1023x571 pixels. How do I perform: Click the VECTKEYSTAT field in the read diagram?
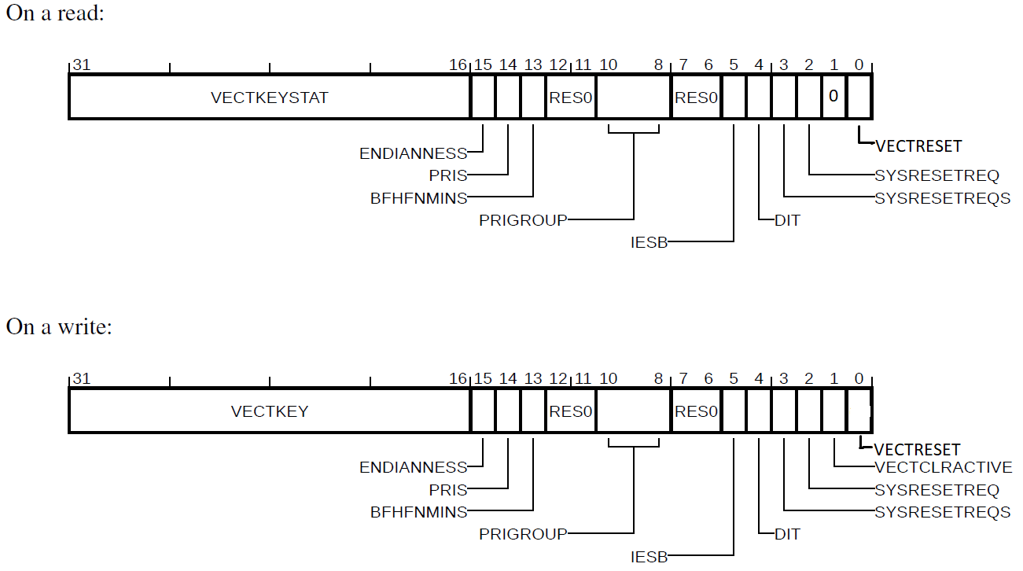(269, 98)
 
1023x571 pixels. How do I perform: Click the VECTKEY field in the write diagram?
(269, 411)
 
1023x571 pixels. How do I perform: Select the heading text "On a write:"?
(59, 326)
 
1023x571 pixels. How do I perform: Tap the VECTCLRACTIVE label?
(944, 467)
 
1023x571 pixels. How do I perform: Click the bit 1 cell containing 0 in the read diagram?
(834, 97)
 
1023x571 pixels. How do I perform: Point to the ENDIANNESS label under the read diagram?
(413, 154)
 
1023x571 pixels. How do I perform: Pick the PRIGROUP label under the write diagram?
(523, 534)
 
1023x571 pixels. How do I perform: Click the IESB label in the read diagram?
(649, 243)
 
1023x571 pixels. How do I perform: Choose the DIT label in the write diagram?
(787, 534)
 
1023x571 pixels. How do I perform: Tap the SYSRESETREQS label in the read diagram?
(943, 198)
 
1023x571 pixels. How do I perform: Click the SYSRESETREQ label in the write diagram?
(937, 490)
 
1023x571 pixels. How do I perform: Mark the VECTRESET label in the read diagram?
(918, 146)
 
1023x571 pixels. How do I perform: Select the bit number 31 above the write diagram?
(80, 379)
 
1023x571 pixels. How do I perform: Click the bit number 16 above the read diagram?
(458, 65)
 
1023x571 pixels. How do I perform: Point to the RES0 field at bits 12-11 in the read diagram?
(571, 98)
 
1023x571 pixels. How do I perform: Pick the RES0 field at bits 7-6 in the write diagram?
(696, 411)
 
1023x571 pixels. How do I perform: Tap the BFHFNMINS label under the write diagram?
(418, 512)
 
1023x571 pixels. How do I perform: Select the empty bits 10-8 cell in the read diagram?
(633, 98)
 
